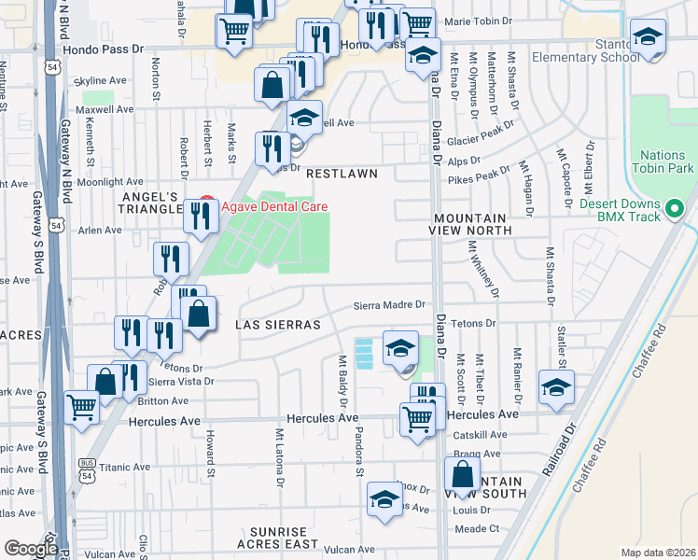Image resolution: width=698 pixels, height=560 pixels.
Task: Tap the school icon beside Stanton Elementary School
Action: (x=648, y=38)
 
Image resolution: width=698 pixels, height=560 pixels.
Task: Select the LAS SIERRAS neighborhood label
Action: (x=278, y=325)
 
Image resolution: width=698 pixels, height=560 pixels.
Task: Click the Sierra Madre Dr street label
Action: (x=389, y=304)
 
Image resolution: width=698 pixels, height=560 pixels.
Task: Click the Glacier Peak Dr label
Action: (x=481, y=133)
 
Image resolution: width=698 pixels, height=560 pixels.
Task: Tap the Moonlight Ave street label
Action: (x=108, y=182)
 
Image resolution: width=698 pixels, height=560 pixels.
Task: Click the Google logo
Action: (x=30, y=549)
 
